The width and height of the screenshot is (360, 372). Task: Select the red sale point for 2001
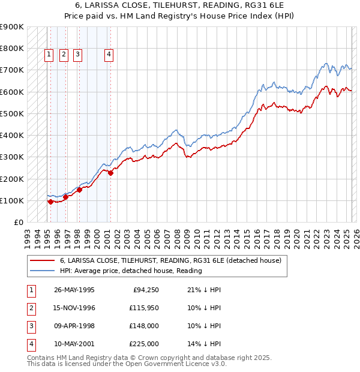[x=111, y=173]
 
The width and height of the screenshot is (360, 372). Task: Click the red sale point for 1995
[x=50, y=202]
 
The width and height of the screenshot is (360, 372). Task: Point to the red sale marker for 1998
[x=79, y=190]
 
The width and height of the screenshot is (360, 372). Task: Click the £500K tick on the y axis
[x=12, y=113]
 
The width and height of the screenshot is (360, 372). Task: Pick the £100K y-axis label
[x=12, y=200]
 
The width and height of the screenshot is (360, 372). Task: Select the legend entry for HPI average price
[x=131, y=271]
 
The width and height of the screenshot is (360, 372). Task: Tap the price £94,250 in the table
[x=145, y=290]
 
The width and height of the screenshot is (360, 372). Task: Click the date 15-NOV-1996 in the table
[x=74, y=308]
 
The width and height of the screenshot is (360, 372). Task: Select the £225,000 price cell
[x=145, y=344]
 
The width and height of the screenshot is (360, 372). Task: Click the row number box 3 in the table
[x=29, y=326]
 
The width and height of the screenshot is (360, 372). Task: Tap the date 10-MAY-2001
[x=74, y=344]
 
